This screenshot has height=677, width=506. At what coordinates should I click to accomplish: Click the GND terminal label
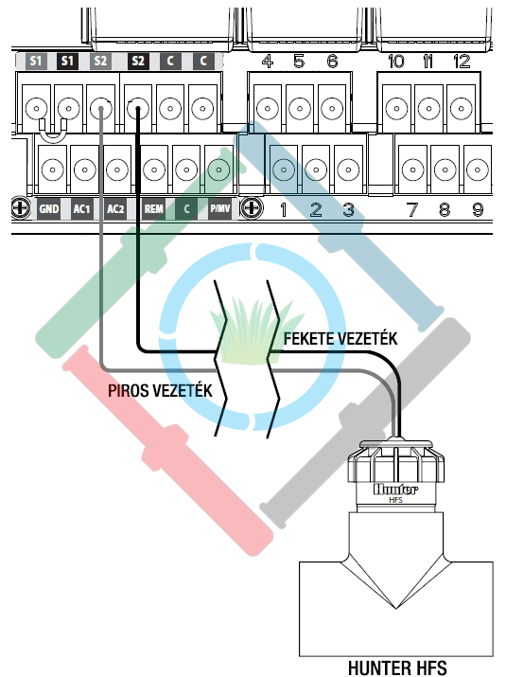[x=49, y=209]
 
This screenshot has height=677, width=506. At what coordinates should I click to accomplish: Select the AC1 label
[x=81, y=209]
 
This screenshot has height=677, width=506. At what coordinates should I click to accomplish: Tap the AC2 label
[x=115, y=209]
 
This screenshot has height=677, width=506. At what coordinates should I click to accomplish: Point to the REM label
[x=153, y=209]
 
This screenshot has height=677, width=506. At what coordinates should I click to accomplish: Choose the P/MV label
[x=220, y=209]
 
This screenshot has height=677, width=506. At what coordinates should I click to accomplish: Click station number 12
[x=462, y=62]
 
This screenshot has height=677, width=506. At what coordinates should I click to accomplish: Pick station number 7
[x=412, y=210]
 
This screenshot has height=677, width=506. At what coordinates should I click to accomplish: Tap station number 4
[x=268, y=62]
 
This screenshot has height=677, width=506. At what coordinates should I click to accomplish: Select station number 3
[x=349, y=210]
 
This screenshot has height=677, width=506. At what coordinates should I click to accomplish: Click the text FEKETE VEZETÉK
[x=340, y=339]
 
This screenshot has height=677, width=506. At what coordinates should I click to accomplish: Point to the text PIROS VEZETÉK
[x=160, y=391]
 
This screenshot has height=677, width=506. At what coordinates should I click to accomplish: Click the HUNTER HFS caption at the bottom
[x=397, y=668]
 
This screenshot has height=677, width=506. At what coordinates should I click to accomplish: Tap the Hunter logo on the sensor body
[x=395, y=490]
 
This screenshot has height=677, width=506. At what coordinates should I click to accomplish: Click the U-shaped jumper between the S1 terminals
[x=53, y=131]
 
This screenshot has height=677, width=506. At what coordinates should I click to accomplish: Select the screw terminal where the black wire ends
[x=138, y=108]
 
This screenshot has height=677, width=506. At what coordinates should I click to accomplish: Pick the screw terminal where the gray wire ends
[x=101, y=108]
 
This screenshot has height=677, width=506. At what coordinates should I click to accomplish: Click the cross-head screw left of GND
[x=21, y=208]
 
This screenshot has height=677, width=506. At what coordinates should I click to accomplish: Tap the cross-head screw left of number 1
[x=252, y=208]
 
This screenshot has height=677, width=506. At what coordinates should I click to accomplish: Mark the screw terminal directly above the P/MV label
[x=218, y=169]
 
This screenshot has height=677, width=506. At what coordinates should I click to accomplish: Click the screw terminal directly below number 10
[x=396, y=108]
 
